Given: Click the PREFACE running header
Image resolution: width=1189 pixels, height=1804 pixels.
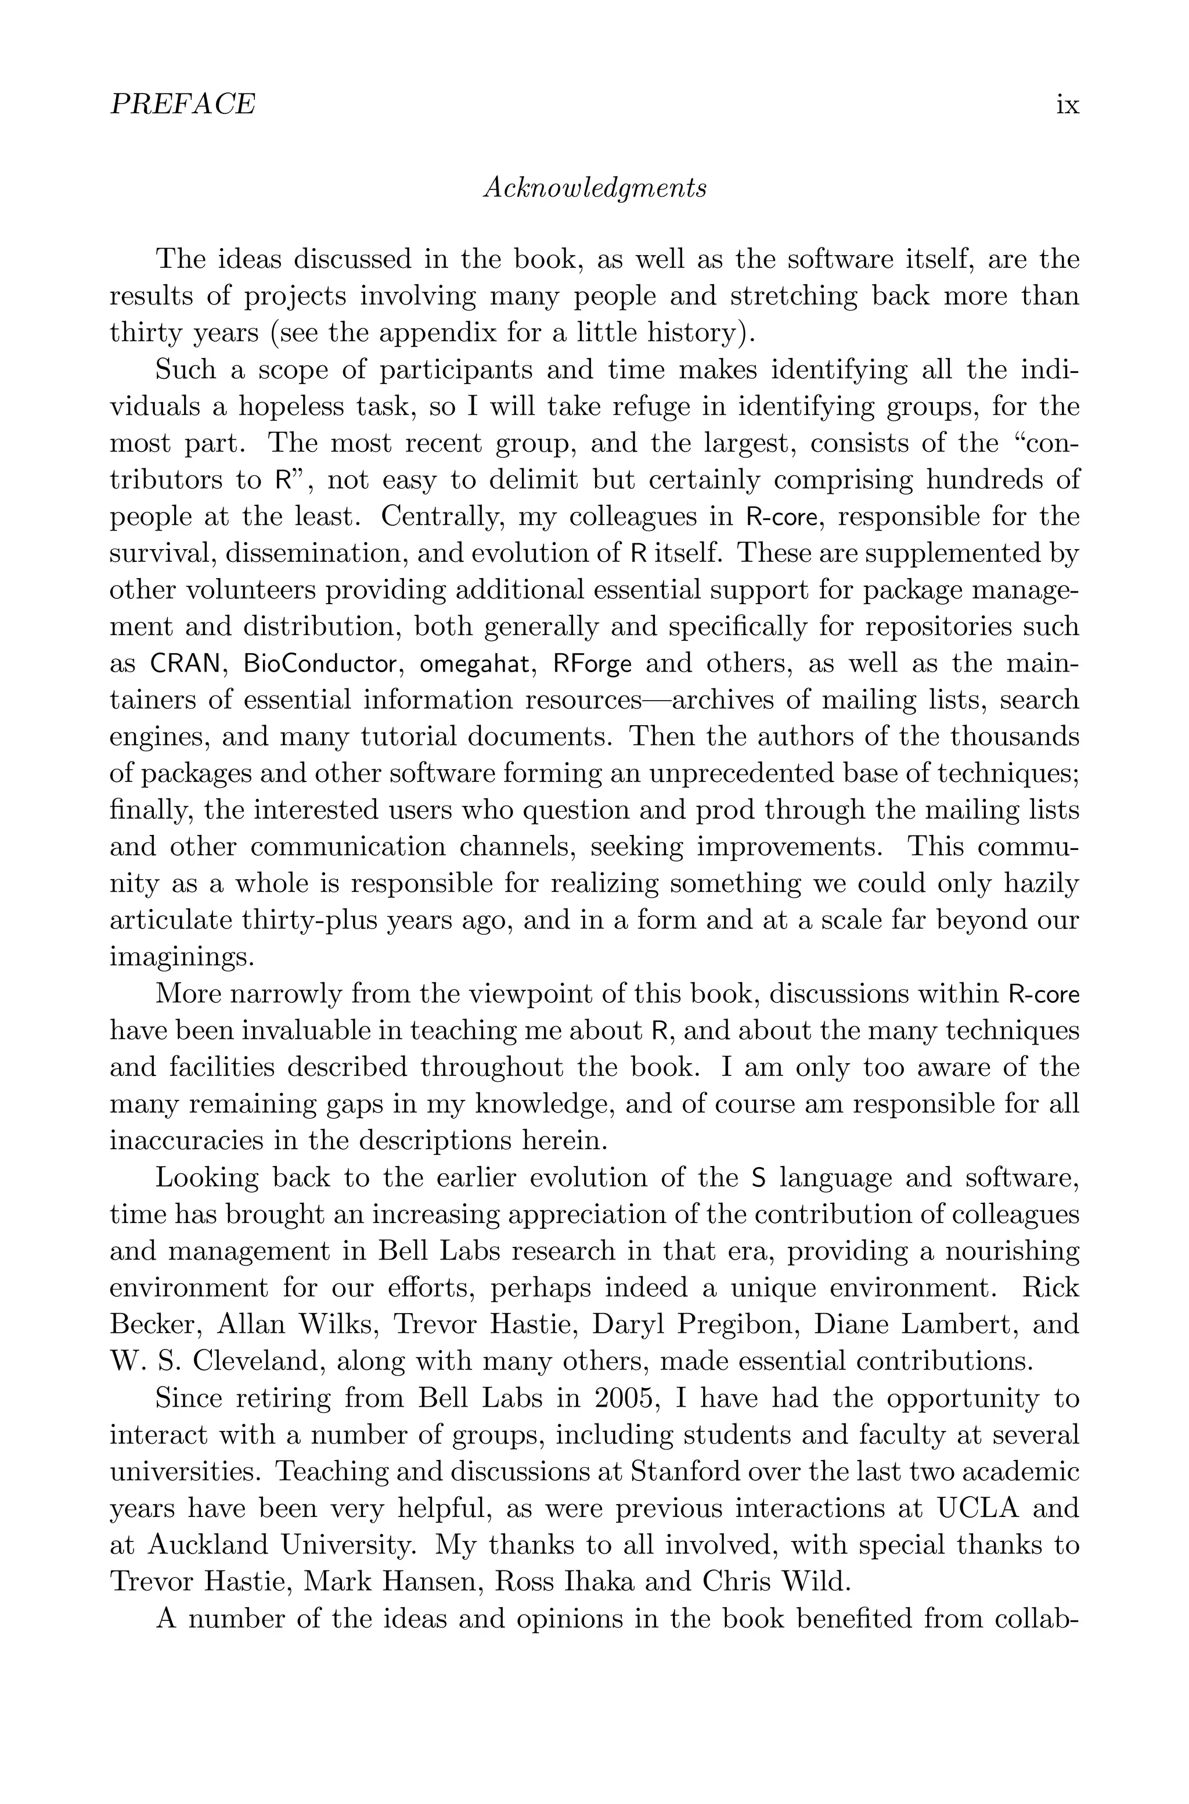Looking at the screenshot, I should (183, 104).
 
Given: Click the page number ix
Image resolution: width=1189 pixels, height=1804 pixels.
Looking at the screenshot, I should (1067, 104).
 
